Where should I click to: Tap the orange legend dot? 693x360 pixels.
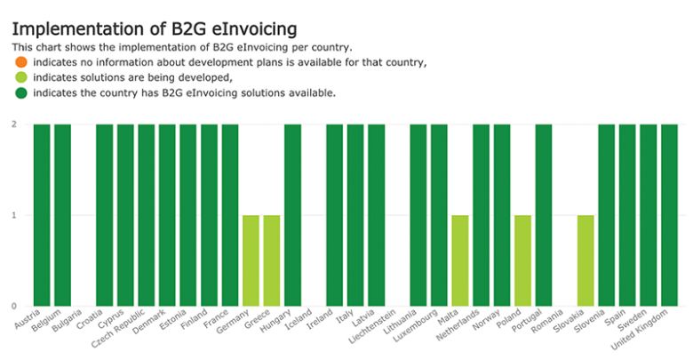(20, 62)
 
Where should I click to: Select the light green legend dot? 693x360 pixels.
(20, 77)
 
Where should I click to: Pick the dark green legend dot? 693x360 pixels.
(20, 92)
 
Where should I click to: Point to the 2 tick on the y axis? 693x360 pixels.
(14, 124)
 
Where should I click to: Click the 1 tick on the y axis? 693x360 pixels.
(14, 215)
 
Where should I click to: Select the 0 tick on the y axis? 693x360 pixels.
(14, 306)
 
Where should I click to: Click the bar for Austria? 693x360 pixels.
(42, 215)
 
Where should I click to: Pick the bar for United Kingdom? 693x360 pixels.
(669, 215)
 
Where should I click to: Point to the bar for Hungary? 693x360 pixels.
(292, 215)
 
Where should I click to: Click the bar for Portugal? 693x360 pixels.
(544, 215)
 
